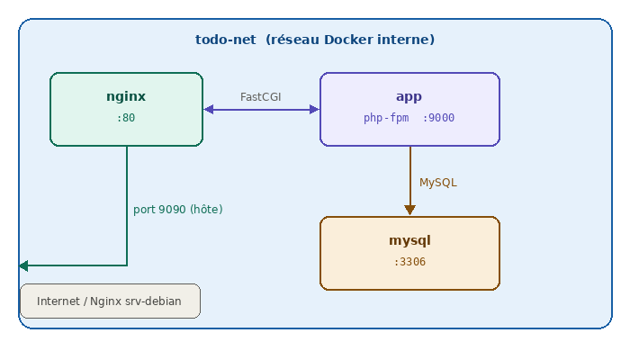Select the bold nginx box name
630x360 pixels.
tap(126, 96)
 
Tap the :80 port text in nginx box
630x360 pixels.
tap(126, 118)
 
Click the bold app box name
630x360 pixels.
tap(409, 96)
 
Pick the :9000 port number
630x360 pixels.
tap(439, 118)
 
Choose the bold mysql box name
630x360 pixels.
tap(409, 240)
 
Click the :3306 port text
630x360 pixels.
tap(409, 262)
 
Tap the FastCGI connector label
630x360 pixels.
tap(261, 96)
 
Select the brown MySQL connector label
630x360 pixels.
tap(438, 182)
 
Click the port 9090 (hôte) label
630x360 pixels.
tap(177, 209)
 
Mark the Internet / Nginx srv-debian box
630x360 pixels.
tap(110, 301)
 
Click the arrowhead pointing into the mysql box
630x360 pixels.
tap(409, 211)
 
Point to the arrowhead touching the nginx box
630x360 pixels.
tap(209, 110)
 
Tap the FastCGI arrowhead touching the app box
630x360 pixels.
tap(314, 110)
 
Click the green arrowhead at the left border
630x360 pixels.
tap(23, 265)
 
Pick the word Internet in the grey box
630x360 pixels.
tap(58, 301)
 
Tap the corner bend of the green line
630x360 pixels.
tap(127, 265)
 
